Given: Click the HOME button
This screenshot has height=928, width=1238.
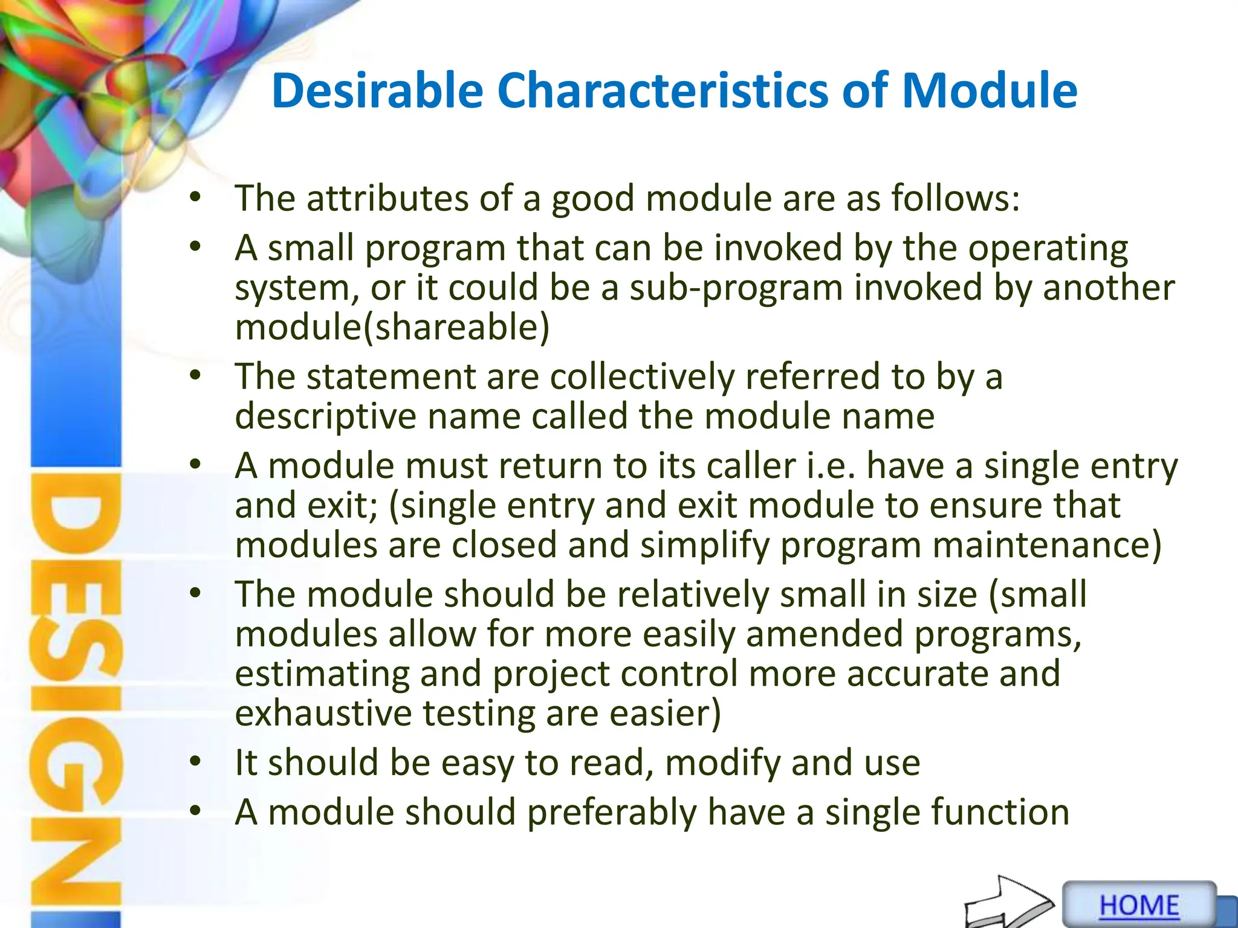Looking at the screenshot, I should click(1139, 905).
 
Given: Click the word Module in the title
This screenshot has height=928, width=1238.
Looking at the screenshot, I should click(989, 91).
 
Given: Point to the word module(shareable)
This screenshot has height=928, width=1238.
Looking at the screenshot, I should click(392, 327).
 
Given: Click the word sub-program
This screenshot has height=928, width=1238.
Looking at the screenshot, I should click(736, 287).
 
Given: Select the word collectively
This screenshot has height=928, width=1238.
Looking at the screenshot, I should click(642, 376).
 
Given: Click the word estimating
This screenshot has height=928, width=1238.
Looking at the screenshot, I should click(322, 674).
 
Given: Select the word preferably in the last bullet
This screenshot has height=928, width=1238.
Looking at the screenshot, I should click(612, 812).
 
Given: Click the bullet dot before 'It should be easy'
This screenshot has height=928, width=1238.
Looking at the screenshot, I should click(195, 762).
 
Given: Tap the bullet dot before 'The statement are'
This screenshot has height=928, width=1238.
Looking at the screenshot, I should click(195, 375).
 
